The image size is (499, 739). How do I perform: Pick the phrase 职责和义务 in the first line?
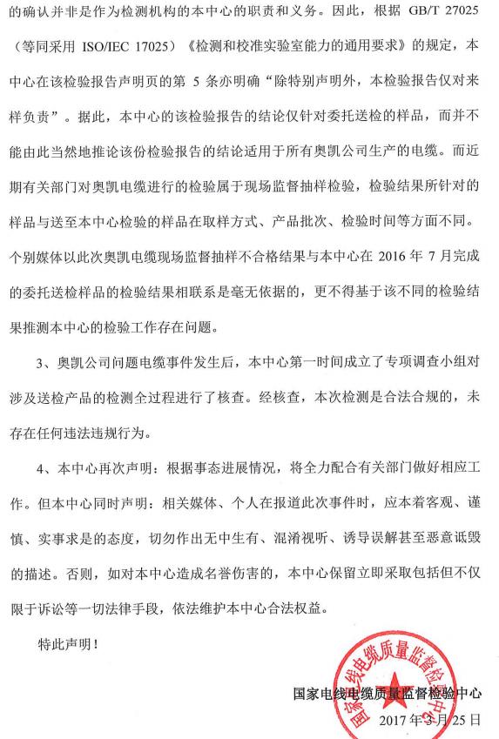click(262, 16)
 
